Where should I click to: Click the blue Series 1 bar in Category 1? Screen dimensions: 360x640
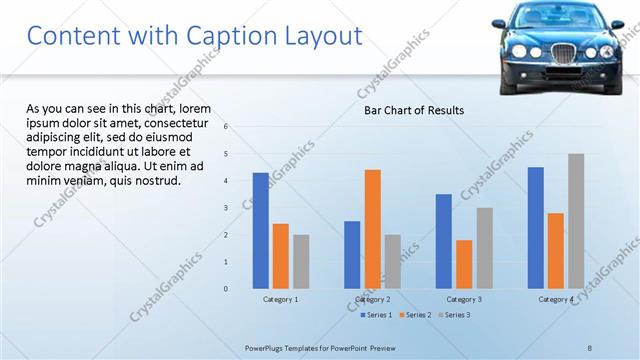pyautogui.click(x=261, y=231)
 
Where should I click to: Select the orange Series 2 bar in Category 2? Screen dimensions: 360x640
pyautogui.click(x=372, y=229)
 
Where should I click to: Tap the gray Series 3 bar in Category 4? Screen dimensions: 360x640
pyautogui.click(x=576, y=221)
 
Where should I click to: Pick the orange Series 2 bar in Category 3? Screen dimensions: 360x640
pyautogui.click(x=464, y=264)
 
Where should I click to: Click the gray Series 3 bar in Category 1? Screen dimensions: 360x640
pyautogui.click(x=301, y=262)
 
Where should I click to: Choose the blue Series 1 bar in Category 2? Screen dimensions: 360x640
pyautogui.click(x=352, y=255)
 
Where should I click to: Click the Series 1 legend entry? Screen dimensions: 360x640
pyautogui.click(x=375, y=315)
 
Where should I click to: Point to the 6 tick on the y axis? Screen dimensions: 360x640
pyautogui.click(x=226, y=127)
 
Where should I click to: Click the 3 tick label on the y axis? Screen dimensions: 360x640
pyautogui.click(x=226, y=208)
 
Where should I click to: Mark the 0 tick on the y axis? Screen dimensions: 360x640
pyautogui.click(x=226, y=289)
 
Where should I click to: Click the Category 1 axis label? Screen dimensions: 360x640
pyautogui.click(x=281, y=299)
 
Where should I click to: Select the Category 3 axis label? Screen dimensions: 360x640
pyautogui.click(x=464, y=299)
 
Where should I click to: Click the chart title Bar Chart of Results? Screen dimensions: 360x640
pyautogui.click(x=413, y=110)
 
